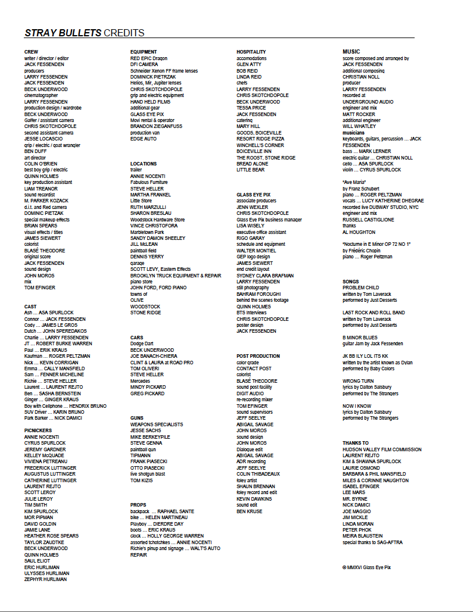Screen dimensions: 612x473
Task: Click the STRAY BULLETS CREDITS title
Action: coord(84,33)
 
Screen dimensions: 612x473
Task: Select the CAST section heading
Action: coord(30,307)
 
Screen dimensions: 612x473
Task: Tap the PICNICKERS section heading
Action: coord(38,430)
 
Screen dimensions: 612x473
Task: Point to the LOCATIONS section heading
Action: coord(144,164)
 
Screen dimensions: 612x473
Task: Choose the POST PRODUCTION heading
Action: coord(258,356)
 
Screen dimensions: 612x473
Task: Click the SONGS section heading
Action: coord(351,282)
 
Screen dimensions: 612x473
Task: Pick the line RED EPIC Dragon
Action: coord(149,58)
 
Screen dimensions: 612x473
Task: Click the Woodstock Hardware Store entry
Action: coord(157,220)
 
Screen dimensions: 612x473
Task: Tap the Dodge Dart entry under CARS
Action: coord(142,344)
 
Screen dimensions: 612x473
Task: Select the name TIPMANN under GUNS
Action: coord(141,455)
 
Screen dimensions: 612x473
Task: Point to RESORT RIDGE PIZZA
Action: coord(260,139)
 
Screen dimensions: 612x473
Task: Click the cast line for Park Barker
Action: coord(53,418)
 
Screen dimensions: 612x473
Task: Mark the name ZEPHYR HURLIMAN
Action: coord(45,579)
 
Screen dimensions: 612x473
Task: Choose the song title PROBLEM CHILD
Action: coord(360,288)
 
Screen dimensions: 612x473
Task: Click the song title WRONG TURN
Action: coord(358,381)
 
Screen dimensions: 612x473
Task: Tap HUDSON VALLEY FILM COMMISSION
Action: coord(382,449)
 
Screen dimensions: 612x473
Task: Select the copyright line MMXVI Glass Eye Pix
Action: coord(366,567)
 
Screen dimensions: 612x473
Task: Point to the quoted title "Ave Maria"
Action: coord(354,182)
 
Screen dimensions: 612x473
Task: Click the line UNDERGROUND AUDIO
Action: coord(368,102)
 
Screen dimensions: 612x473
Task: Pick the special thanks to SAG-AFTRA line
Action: coord(372,542)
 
